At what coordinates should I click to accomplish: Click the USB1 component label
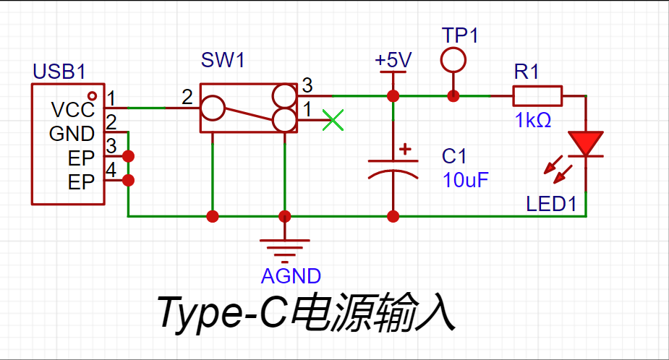pyautogui.click(x=59, y=72)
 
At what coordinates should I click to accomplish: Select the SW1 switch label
pyautogui.click(x=222, y=60)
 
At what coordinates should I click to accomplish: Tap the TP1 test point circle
pyautogui.click(x=453, y=60)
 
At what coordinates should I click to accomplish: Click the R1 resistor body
pyautogui.click(x=537, y=95)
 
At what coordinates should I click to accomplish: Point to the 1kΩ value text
pyautogui.click(x=533, y=121)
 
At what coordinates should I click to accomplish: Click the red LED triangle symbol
pyautogui.click(x=585, y=143)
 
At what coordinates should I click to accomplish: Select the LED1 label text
pyautogui.click(x=551, y=205)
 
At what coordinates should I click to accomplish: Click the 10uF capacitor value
pyautogui.click(x=466, y=180)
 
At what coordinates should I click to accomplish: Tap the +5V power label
pyautogui.click(x=393, y=59)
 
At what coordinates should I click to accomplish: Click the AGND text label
pyautogui.click(x=291, y=275)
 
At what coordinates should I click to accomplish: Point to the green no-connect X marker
pyautogui.click(x=332, y=120)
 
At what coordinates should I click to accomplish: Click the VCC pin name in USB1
pyautogui.click(x=72, y=110)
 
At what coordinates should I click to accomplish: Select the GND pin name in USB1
pyautogui.click(x=72, y=134)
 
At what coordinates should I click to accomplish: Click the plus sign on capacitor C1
pyautogui.click(x=405, y=150)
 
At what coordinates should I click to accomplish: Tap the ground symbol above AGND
pyautogui.click(x=285, y=250)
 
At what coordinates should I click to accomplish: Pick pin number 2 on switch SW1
pyautogui.click(x=187, y=96)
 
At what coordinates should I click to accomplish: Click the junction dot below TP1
pyautogui.click(x=453, y=95)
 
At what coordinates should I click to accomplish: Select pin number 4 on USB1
pyautogui.click(x=111, y=170)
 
